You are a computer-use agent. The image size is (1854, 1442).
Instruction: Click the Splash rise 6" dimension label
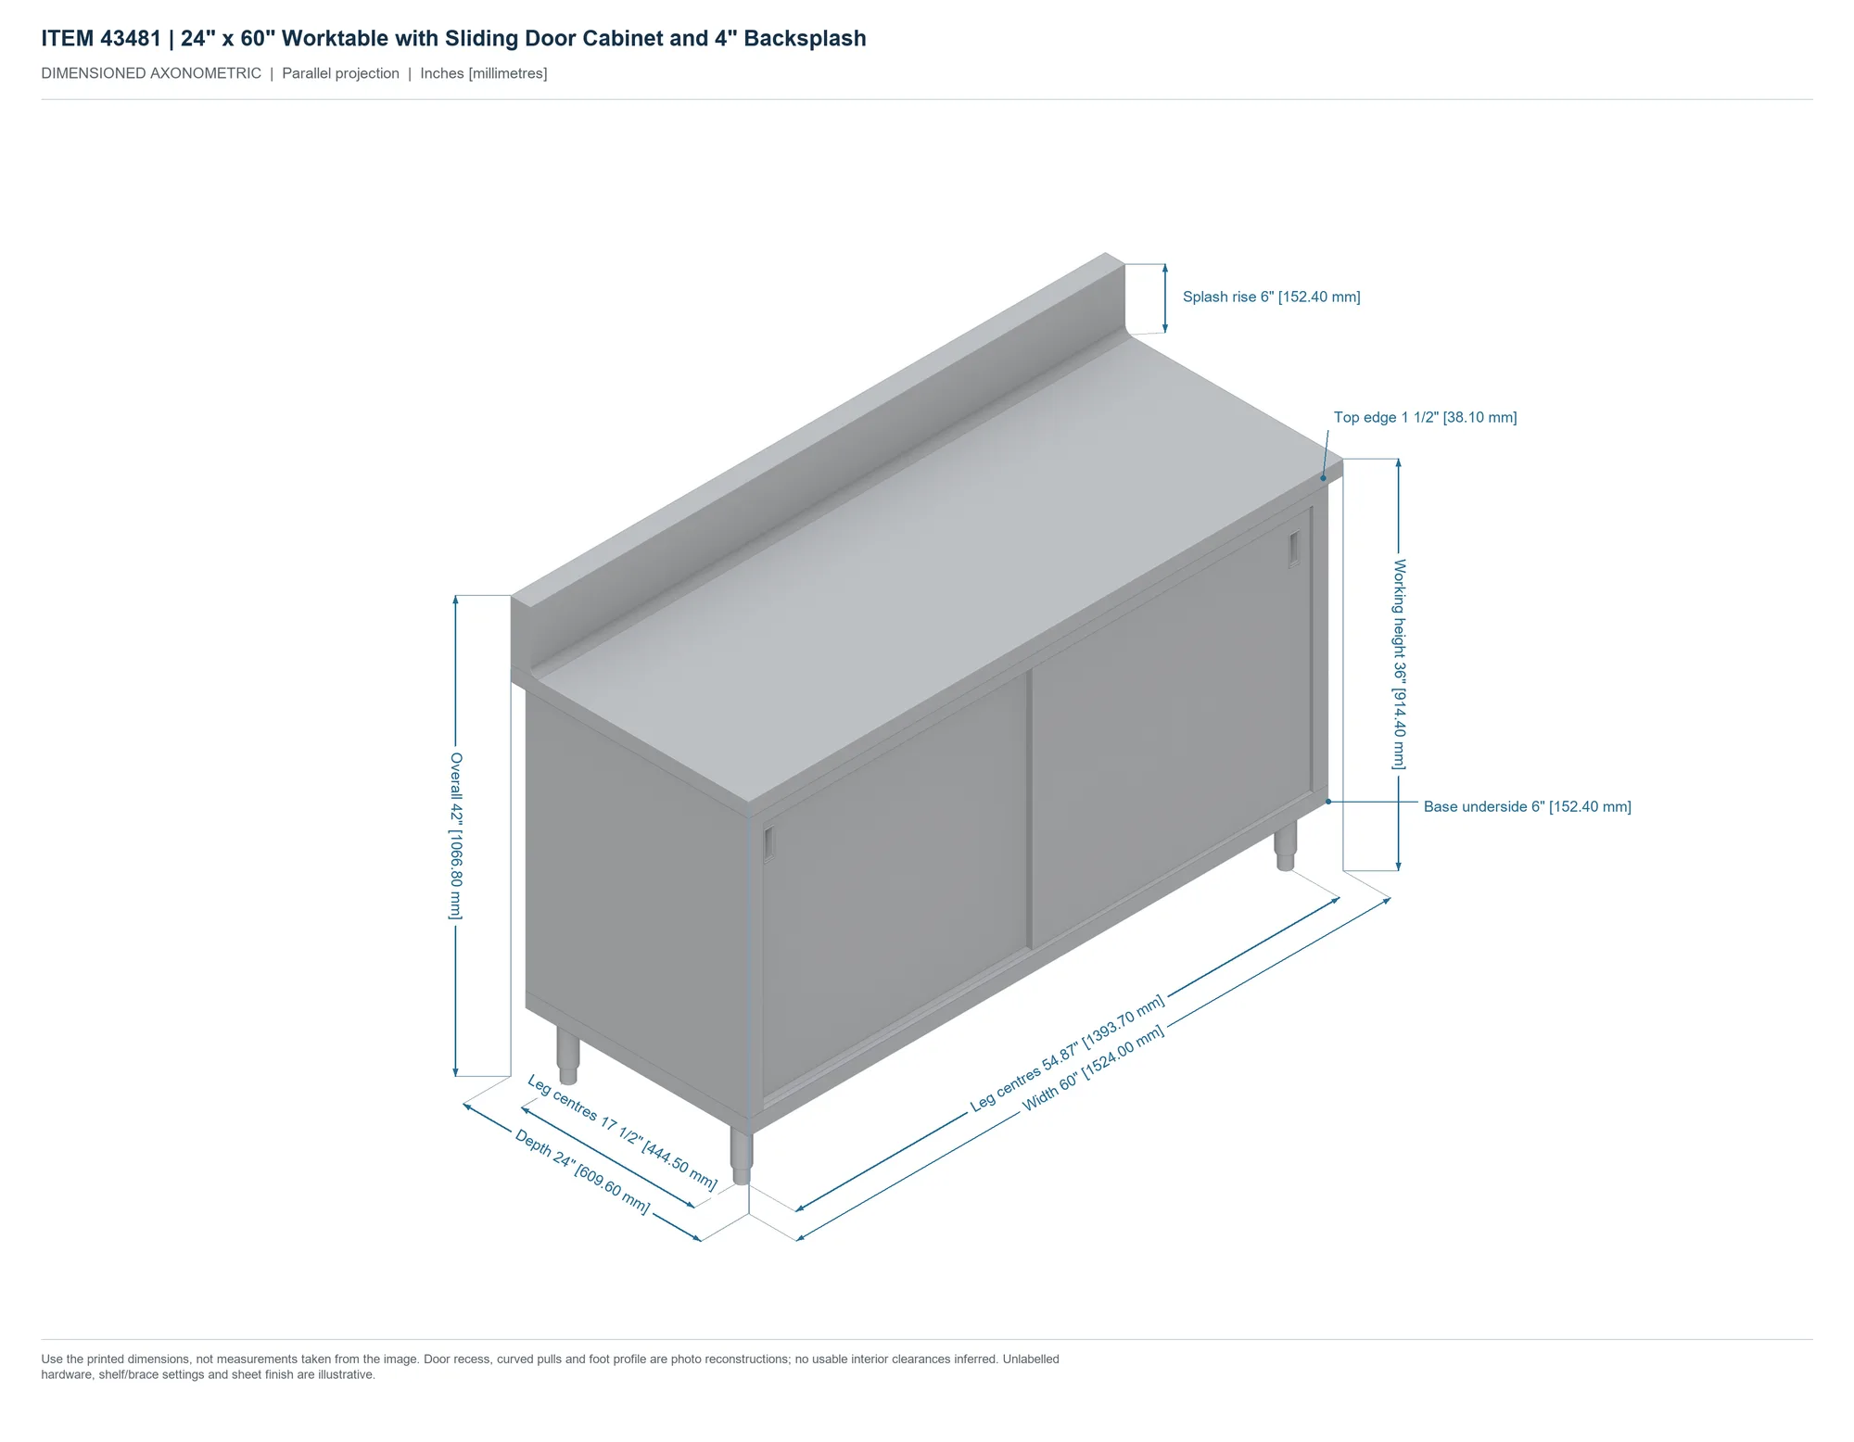point(1271,297)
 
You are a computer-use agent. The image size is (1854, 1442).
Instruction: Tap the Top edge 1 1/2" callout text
point(1425,417)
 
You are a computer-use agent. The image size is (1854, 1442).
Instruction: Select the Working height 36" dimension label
point(1399,664)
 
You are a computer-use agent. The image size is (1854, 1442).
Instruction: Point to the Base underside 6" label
point(1527,806)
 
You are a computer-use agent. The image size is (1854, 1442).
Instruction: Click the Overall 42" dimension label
point(455,836)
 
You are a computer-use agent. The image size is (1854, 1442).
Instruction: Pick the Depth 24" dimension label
point(582,1171)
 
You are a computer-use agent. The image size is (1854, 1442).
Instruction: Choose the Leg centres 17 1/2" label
point(622,1132)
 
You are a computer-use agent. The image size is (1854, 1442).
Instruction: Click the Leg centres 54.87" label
point(1067,1054)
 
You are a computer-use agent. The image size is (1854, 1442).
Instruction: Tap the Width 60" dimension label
point(1093,1069)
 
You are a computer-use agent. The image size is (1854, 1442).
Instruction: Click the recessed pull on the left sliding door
point(769,843)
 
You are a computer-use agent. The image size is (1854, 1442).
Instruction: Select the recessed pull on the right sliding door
point(1294,550)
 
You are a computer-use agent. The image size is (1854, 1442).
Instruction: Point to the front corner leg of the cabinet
point(741,1155)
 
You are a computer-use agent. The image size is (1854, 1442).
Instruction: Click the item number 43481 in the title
point(131,39)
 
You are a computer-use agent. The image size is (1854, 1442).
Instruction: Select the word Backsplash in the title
point(805,39)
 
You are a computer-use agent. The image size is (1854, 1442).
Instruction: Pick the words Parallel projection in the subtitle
point(340,73)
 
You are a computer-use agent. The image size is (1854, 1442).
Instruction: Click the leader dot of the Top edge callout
point(1324,478)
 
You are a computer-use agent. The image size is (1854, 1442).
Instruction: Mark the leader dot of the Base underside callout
point(1328,802)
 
